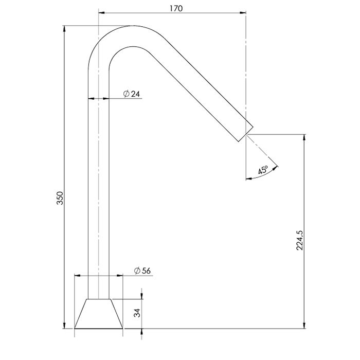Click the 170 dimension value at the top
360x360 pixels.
click(x=176, y=9)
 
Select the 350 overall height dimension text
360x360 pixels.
click(x=60, y=197)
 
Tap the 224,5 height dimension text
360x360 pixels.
click(x=300, y=240)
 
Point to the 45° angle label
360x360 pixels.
click(x=263, y=170)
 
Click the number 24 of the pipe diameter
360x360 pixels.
click(x=135, y=94)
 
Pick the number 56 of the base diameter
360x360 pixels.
click(x=146, y=271)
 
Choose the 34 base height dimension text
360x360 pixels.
click(x=137, y=313)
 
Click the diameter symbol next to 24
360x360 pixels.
click(x=127, y=94)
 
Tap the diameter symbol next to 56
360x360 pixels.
click(x=137, y=271)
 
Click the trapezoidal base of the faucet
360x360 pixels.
click(x=99, y=314)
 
